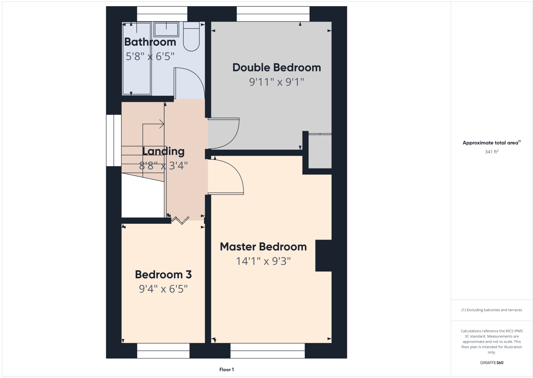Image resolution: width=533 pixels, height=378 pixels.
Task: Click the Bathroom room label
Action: tap(150, 42)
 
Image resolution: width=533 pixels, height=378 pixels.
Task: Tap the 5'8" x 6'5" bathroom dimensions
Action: tap(150, 56)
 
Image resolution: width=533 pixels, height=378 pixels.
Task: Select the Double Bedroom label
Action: tap(276, 68)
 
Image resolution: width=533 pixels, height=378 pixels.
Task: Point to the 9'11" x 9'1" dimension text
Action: tap(276, 82)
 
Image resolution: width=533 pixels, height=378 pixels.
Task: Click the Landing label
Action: tap(163, 151)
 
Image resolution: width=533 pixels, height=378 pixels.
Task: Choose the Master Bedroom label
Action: tap(263, 247)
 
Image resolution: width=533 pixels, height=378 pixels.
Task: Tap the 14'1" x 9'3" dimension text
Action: tap(263, 262)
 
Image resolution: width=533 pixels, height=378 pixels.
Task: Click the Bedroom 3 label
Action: tap(163, 275)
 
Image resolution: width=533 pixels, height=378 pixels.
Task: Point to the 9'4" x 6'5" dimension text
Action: tap(163, 289)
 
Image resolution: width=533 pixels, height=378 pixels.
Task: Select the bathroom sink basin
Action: tap(166, 29)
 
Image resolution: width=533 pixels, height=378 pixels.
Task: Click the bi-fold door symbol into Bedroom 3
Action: tap(180, 220)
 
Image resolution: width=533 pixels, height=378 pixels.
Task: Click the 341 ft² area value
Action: tap(491, 152)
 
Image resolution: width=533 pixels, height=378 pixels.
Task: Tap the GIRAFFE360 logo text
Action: tap(491, 363)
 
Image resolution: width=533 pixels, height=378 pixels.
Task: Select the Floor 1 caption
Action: tap(227, 370)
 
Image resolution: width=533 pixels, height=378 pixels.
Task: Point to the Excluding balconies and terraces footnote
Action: tap(491, 310)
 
